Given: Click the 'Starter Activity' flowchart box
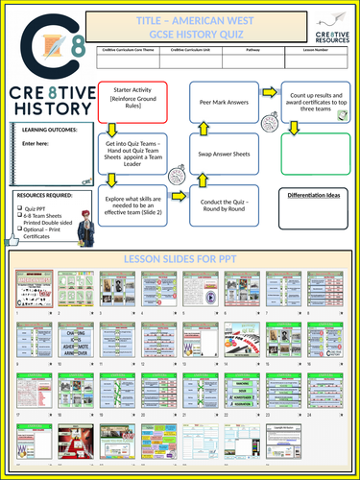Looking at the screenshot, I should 132,100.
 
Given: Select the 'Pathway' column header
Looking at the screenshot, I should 253,49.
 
